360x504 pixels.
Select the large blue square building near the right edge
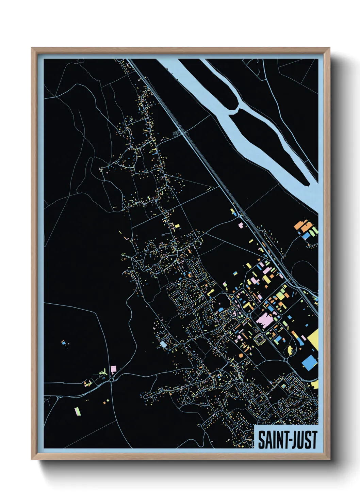pos(309,362)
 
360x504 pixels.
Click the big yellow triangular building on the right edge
pos(314,339)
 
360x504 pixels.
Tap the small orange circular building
pos(241,356)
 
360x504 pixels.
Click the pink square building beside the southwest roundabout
pos(114,369)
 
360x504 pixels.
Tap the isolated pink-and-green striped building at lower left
pos(78,411)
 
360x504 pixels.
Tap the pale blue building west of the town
pos(164,344)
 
